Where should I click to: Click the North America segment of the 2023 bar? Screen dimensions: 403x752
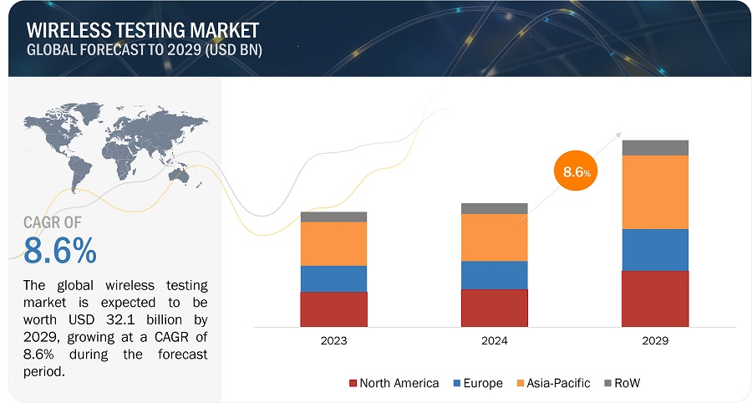tap(333, 309)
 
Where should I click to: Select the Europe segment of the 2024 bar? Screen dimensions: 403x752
tap(494, 275)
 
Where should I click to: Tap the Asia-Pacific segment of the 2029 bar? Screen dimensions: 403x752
tap(655, 192)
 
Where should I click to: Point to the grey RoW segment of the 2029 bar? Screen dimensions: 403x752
tap(655, 148)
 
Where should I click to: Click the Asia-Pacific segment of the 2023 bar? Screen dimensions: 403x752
tap(333, 243)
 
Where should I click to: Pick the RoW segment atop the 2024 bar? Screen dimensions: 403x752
tap(494, 208)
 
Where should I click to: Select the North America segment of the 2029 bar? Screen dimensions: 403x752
tap(655, 298)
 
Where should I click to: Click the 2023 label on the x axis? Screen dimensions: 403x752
tap(333, 341)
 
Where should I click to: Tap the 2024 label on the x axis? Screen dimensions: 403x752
tap(494, 341)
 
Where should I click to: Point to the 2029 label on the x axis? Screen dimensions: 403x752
tap(655, 341)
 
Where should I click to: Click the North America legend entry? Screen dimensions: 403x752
tap(393, 383)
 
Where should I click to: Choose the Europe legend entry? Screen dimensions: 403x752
tap(477, 383)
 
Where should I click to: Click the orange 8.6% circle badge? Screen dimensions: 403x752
tap(575, 172)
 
